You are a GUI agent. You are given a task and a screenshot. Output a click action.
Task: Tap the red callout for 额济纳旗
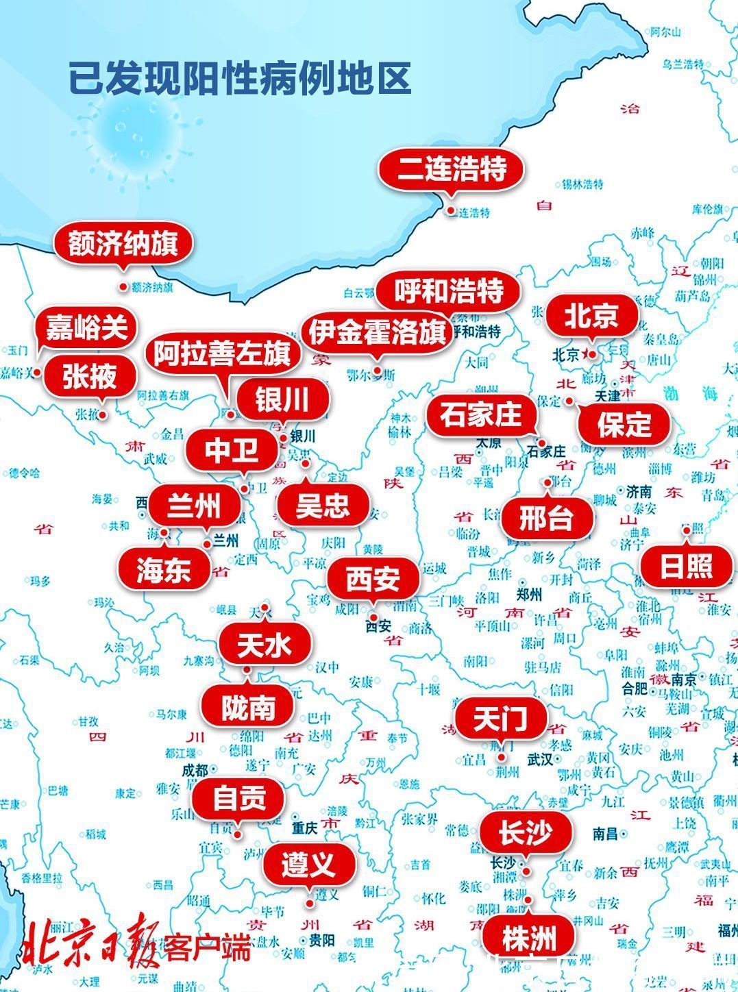coord(123,244)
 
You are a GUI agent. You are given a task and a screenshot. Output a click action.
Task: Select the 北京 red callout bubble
coord(591,316)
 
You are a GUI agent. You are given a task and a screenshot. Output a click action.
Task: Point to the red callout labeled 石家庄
coord(480,415)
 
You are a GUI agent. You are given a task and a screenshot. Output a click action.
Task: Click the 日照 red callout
coord(686,567)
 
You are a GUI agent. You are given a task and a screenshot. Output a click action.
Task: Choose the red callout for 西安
coord(372,580)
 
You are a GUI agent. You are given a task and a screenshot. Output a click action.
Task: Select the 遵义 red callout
coord(308,864)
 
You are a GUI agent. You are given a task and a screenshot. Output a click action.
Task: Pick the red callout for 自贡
coord(238,799)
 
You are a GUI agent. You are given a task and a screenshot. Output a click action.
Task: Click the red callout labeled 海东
coord(163,569)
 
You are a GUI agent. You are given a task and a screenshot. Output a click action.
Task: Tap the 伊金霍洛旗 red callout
coord(378,333)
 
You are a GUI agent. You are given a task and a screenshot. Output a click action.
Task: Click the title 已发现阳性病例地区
coord(240,78)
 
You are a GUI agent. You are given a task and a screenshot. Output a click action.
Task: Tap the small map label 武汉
coord(540,759)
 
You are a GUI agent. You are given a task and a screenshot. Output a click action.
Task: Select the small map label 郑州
coord(530,594)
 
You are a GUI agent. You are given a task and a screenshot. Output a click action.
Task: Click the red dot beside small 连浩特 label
coord(451,211)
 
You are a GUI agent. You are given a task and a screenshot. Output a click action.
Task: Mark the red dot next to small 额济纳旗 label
coord(123,287)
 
